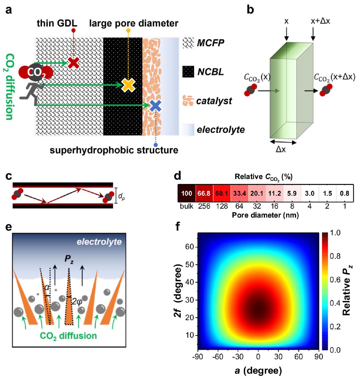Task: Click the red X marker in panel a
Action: click(x=74, y=63)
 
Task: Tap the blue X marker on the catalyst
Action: click(x=156, y=106)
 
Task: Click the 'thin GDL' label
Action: click(x=57, y=23)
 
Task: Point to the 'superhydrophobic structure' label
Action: click(x=114, y=150)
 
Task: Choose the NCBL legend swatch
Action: click(x=188, y=72)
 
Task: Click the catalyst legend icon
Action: click(x=188, y=101)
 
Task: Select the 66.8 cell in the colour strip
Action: click(x=204, y=193)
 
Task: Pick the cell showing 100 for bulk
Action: click(x=187, y=193)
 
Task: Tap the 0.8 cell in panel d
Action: click(x=344, y=193)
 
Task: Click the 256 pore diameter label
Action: click(x=204, y=206)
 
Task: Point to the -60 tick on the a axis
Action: click(x=218, y=356)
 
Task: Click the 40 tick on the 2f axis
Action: click(x=189, y=282)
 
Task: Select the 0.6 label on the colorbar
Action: click(x=335, y=280)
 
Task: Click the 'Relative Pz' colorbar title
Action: click(x=347, y=292)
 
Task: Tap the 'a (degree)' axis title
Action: click(x=258, y=370)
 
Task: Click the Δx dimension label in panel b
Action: click(x=281, y=149)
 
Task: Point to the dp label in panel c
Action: click(x=121, y=196)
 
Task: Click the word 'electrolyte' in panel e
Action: click(x=99, y=242)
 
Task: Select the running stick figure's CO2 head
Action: click(x=36, y=73)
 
